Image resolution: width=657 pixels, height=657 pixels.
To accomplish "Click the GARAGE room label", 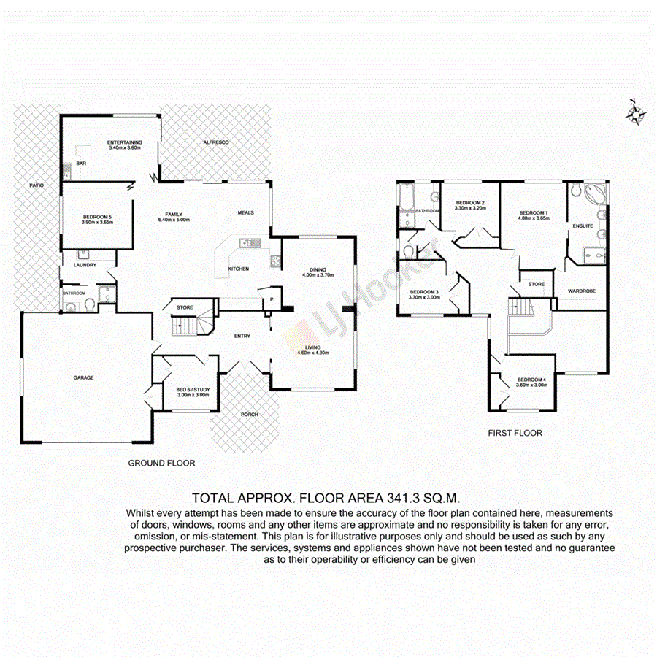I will coord(83,377).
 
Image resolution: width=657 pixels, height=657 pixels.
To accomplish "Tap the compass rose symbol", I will coord(635,112).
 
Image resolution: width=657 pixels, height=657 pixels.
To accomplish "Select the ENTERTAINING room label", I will coord(124,142).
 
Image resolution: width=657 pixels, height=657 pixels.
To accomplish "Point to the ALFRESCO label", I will coord(216,142).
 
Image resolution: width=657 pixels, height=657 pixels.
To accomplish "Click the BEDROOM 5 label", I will coord(98,217).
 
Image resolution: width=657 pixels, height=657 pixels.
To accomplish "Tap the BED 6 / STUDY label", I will coord(193,390).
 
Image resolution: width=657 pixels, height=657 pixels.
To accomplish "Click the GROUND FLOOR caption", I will coord(161,463).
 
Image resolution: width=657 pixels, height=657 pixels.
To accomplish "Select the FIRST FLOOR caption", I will coord(515,433).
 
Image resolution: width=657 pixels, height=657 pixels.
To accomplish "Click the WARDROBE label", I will coord(582,291).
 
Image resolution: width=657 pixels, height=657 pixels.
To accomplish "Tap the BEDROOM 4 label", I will coord(531,380).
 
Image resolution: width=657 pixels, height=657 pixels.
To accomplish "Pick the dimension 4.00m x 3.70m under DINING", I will coord(318,275).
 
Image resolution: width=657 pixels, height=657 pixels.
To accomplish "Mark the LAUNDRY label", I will coord(85,265).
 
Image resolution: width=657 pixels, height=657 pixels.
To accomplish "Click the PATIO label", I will coord(36,186).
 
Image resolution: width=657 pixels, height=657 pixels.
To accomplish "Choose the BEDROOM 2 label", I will coord(471,202).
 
